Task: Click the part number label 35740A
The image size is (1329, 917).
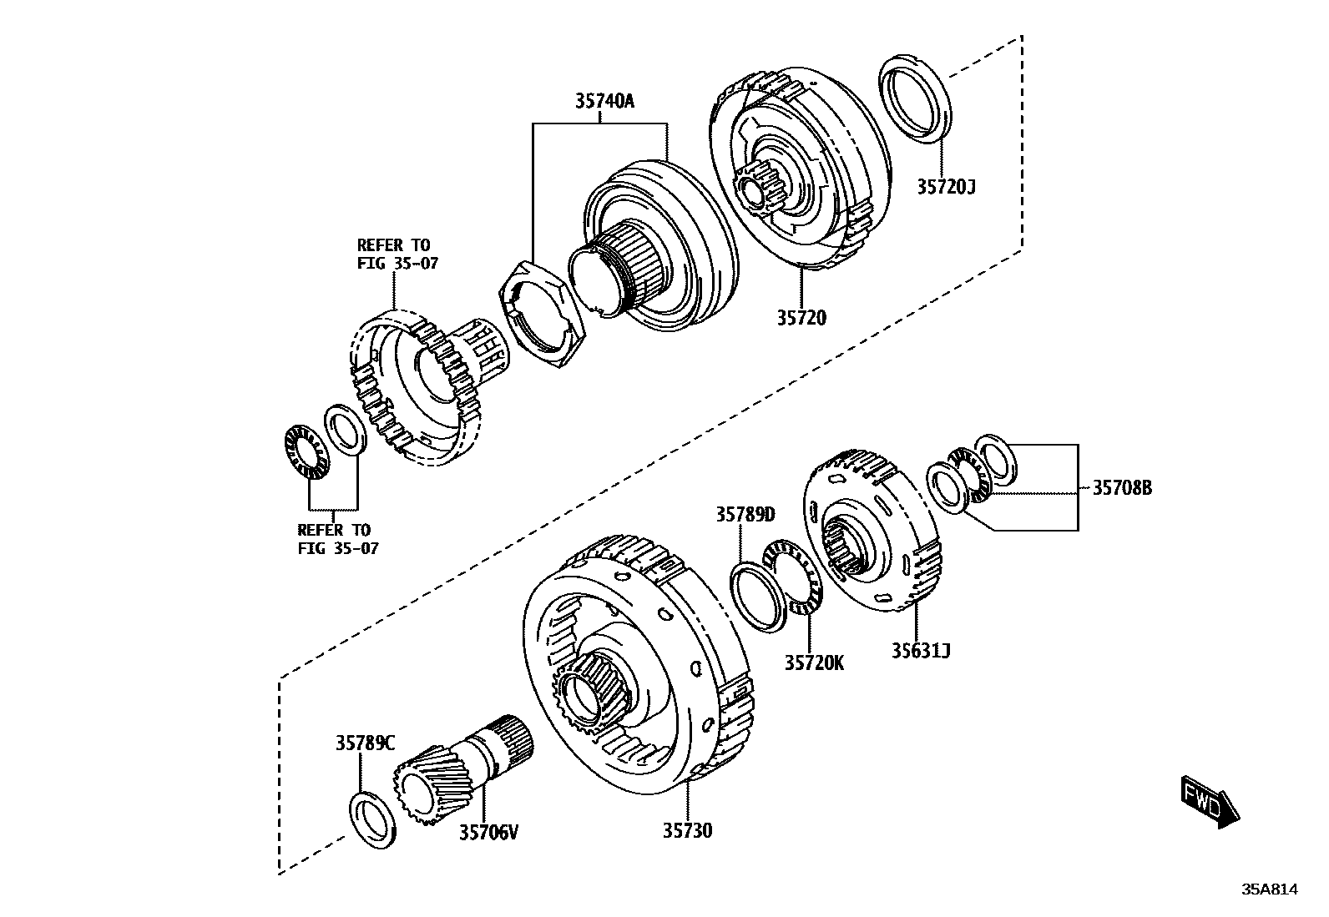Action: pyautogui.click(x=604, y=102)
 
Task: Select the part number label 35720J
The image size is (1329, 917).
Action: pyautogui.click(x=946, y=187)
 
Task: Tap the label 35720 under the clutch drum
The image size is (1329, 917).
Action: pyautogui.click(x=801, y=318)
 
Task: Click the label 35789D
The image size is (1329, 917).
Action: pyautogui.click(x=745, y=515)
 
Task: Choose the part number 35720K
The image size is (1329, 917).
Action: pyautogui.click(x=814, y=663)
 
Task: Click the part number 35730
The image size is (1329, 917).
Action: pyautogui.click(x=688, y=830)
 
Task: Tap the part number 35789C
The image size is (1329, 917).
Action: pyautogui.click(x=366, y=743)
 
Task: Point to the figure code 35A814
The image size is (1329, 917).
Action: pyautogui.click(x=1269, y=889)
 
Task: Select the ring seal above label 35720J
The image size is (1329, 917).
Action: pyautogui.click(x=914, y=98)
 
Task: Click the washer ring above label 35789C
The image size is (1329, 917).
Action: pyautogui.click(x=372, y=820)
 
